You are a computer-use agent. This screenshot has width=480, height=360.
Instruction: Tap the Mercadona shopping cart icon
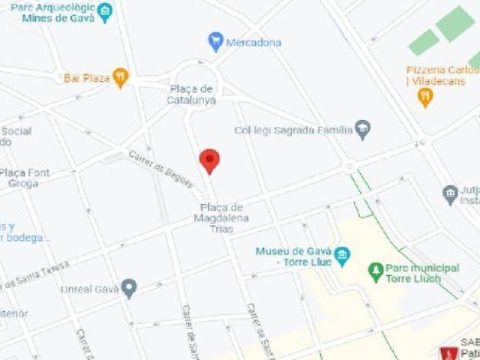(x=216, y=41)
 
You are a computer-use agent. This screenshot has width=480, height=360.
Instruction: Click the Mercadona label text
(x=253, y=42)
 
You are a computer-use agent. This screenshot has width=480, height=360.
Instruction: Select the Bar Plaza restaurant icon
(x=121, y=77)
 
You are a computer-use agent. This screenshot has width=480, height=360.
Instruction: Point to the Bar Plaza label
(x=86, y=77)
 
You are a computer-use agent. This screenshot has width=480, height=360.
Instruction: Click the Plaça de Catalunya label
(x=192, y=94)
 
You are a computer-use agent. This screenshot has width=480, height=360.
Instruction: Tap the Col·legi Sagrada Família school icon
(x=363, y=129)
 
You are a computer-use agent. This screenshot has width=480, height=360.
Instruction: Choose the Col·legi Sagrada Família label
(x=293, y=130)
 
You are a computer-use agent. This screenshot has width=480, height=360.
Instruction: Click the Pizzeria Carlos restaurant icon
(x=425, y=97)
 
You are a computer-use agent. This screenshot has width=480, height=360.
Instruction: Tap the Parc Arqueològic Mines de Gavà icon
(x=105, y=12)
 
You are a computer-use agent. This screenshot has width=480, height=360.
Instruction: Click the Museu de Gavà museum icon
(x=342, y=256)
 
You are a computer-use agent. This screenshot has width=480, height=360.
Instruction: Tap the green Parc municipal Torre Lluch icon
(x=376, y=271)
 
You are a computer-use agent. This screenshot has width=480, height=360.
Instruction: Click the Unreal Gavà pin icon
(x=129, y=289)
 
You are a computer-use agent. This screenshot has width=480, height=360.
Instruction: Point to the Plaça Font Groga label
(x=25, y=177)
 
